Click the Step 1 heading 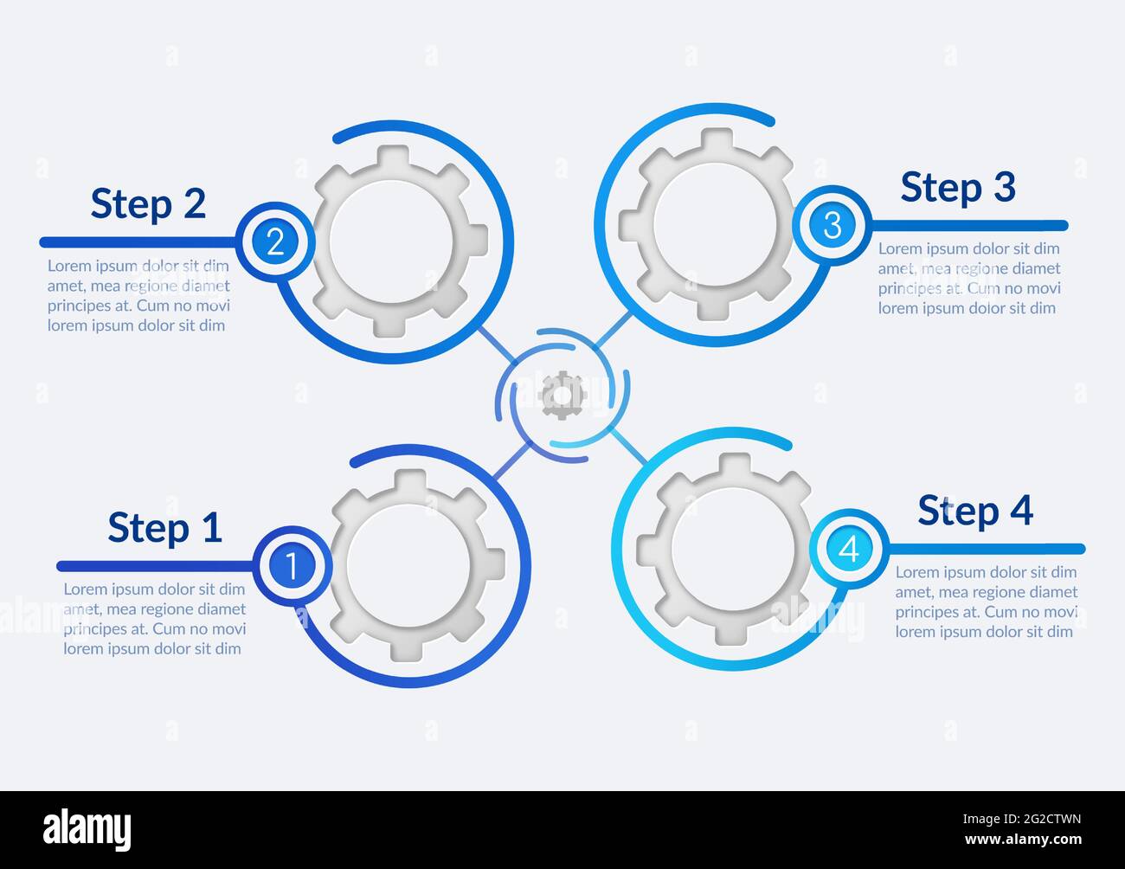point(165,527)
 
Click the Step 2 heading point(148,203)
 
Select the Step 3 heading point(957,187)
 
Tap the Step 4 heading point(975,511)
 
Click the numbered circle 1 point(292,566)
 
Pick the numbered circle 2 point(275,241)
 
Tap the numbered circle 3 point(832,225)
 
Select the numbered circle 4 point(849,549)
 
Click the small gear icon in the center point(562,396)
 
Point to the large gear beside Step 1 point(413,564)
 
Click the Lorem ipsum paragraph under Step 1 point(154,619)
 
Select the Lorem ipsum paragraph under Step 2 point(138,295)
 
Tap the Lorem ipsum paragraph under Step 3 point(969,278)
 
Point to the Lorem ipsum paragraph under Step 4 point(986,602)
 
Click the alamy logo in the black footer point(87,829)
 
